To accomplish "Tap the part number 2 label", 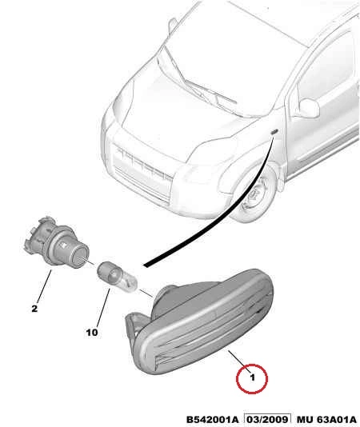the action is pos(34,309).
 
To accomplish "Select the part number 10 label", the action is pos(91,332).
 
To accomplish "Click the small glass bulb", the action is pos(118,277).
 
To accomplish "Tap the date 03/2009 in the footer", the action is pos(267,420).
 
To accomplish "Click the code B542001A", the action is pos(212,420).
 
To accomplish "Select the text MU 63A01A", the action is pos(326,420).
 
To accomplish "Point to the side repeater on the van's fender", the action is pos(274,132).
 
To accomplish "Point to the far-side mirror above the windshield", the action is pos(173,25).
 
